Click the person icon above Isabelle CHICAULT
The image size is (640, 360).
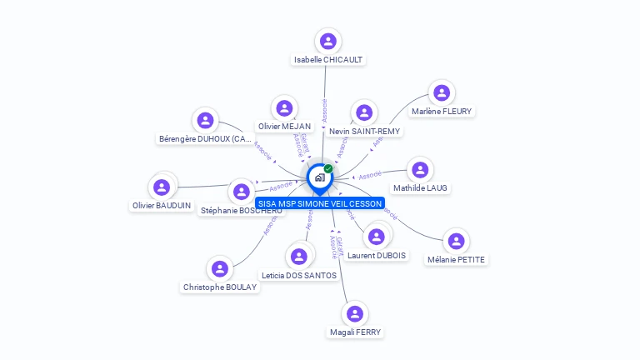327,40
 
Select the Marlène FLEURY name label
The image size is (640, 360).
442,111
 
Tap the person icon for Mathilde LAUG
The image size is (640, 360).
421,169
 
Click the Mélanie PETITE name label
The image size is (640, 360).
456,259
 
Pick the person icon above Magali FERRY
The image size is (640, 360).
355,313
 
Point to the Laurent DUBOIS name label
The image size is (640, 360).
377,255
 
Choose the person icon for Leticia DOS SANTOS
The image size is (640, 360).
299,256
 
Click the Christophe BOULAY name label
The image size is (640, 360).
220,287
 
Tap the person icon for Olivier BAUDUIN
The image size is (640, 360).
162,187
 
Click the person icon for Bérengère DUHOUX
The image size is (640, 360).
205,120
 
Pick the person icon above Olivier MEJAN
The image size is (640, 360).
285,108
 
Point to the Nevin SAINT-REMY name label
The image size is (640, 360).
364,132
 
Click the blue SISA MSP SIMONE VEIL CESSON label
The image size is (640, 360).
320,203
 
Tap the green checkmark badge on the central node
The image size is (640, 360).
328,168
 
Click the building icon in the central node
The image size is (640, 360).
319,177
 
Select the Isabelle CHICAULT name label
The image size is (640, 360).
328,60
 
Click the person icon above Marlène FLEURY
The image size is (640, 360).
442,92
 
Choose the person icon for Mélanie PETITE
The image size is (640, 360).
456,241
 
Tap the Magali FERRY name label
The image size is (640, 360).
355,332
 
